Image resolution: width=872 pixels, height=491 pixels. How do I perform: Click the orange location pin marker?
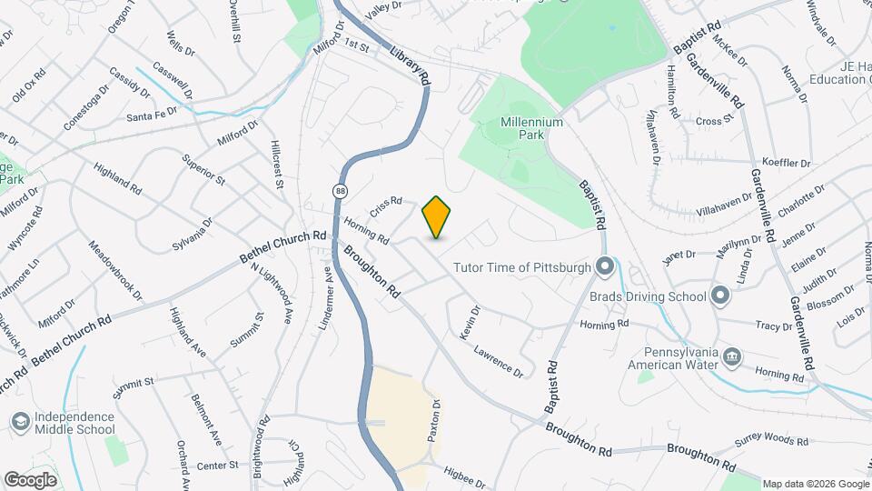[437, 216]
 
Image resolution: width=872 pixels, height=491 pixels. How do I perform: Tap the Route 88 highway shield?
[340, 191]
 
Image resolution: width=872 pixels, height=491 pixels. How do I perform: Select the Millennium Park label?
[531, 128]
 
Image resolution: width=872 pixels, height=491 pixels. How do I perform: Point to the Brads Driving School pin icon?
[720, 296]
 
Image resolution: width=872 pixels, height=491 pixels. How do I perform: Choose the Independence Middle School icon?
[20, 422]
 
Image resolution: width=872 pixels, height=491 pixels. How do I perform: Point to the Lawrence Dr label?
[499, 360]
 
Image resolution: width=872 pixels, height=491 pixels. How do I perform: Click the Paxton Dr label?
[434, 420]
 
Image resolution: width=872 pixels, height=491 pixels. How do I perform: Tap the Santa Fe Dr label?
[152, 115]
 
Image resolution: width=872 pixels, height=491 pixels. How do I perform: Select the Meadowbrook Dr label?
[115, 270]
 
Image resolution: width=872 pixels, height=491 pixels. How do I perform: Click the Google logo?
[31, 478]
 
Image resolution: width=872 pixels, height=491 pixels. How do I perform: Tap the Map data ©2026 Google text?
[814, 484]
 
